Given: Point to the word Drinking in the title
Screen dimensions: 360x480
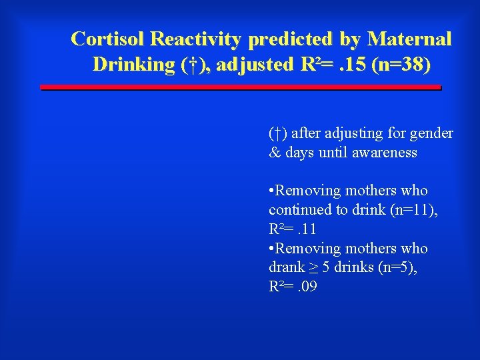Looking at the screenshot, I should [x=132, y=65].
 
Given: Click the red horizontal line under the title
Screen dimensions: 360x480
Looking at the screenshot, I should [x=241, y=87].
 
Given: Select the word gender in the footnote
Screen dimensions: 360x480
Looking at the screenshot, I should [x=433, y=133].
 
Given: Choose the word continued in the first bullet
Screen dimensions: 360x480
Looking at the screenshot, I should [x=297, y=210].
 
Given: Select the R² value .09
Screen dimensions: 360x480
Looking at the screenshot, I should [x=307, y=287].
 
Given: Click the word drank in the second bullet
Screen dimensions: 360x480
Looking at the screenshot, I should [x=286, y=268].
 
